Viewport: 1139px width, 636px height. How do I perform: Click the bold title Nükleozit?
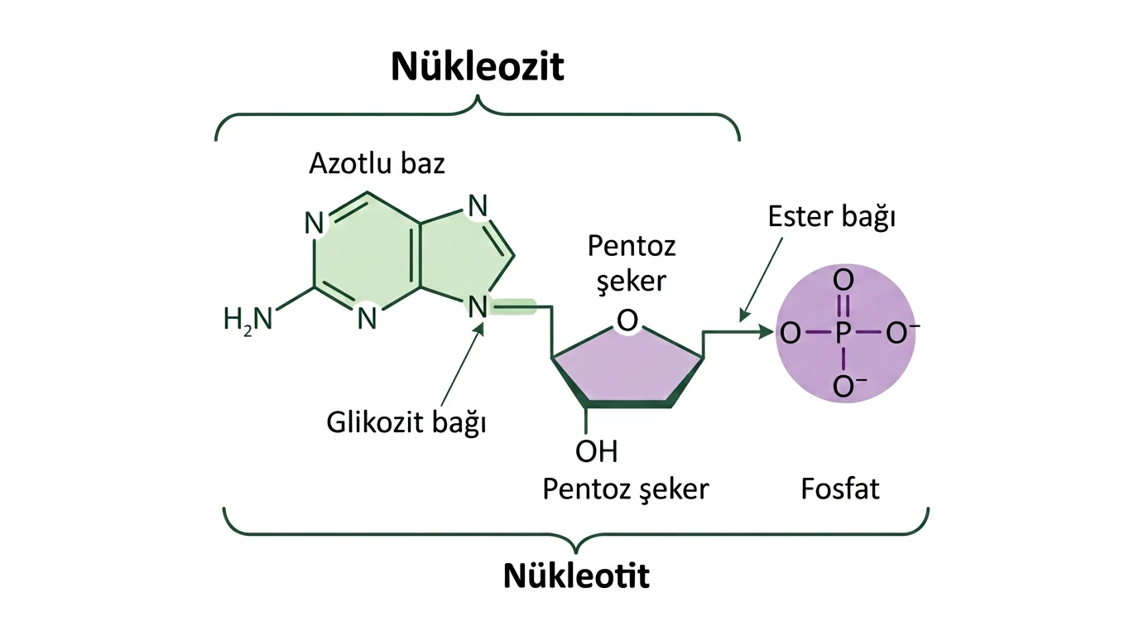tap(477, 66)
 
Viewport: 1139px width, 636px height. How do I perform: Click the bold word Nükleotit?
tap(576, 576)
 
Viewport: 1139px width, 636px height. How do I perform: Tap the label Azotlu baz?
tap(377, 163)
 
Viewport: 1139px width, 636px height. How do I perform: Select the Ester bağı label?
tap(831, 217)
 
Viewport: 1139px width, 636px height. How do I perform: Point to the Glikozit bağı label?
tap(406, 422)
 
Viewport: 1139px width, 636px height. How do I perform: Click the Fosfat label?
tap(840, 489)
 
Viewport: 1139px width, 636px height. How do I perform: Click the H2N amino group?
tap(248, 320)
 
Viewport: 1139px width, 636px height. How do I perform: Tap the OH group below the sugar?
tap(597, 451)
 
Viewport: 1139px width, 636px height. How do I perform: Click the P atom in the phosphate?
tap(843, 333)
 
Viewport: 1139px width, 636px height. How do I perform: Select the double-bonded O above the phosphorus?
tap(843, 281)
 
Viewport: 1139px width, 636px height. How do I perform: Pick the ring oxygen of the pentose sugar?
tap(627, 321)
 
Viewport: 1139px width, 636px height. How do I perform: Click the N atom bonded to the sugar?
tap(477, 306)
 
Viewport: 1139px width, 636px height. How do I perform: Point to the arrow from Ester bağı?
tap(762, 279)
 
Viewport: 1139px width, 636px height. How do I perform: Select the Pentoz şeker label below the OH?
tap(626, 489)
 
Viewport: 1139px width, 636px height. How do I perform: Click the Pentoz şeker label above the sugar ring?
tap(632, 263)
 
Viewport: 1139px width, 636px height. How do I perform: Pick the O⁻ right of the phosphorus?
tap(902, 333)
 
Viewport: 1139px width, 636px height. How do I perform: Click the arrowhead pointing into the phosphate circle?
tap(766, 333)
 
